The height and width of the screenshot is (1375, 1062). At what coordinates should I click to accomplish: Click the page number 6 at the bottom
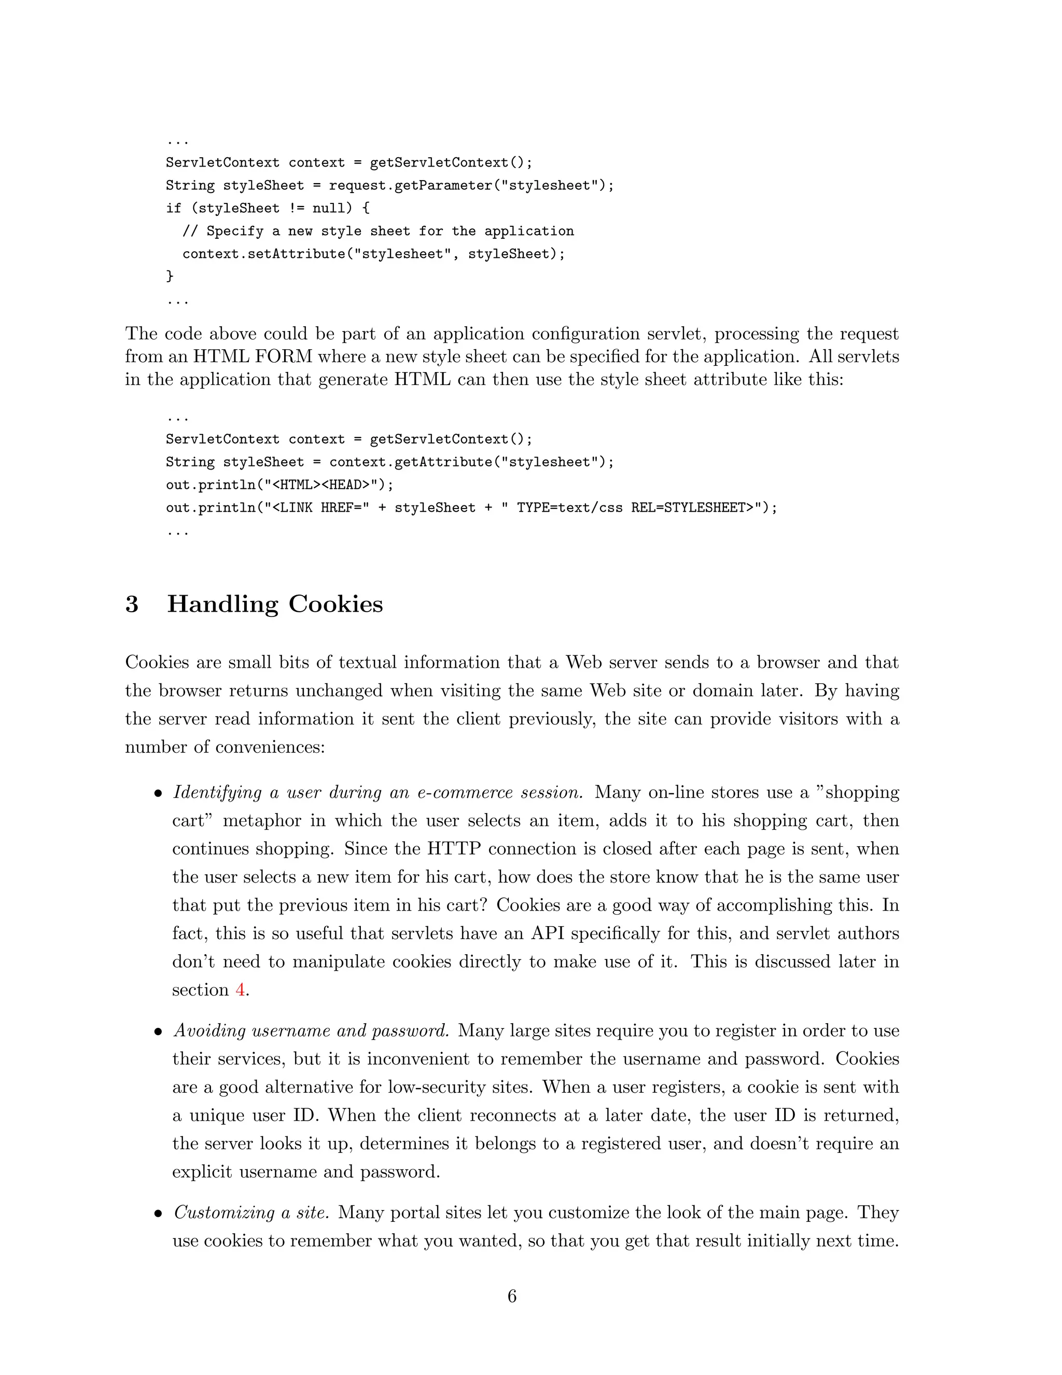(x=511, y=1296)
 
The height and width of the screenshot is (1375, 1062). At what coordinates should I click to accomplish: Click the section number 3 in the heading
(x=132, y=604)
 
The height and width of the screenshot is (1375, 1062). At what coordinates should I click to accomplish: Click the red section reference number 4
(x=240, y=989)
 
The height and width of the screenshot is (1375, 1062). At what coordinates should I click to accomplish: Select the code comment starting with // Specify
(x=378, y=231)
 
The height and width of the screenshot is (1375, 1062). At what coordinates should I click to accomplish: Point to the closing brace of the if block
(x=169, y=276)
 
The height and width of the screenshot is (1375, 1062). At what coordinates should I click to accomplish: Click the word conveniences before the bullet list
(x=269, y=747)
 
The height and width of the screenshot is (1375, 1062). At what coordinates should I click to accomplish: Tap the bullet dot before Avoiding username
(x=159, y=1032)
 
